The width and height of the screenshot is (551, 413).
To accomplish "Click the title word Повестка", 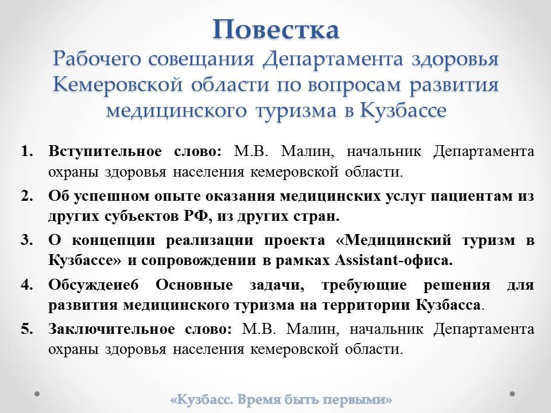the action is coord(276,30).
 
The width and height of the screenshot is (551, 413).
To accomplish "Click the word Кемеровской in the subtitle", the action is coord(118,85).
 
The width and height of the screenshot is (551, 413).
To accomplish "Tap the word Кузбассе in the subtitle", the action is coord(403,110).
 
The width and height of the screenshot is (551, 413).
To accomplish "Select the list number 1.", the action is coord(27,151).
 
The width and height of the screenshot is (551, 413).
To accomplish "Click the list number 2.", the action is coord(27,196).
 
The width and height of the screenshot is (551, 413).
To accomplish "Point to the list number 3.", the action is coord(27,240).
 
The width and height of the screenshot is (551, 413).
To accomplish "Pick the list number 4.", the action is coord(27,285).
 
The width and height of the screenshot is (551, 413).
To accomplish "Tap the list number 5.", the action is coord(27,329).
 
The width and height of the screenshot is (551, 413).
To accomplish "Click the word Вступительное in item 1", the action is coord(105,151).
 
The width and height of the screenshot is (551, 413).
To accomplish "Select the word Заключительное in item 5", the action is coord(111,329).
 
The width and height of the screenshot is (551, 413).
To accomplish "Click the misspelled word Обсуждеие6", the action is coord(94,285).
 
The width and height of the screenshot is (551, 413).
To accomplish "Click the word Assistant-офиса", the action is coord(394,260).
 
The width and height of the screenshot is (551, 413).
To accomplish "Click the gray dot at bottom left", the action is coord(37,393).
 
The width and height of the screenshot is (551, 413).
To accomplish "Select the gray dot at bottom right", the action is coord(513,393).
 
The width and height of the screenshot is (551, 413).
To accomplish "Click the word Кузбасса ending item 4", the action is coord(448,305).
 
